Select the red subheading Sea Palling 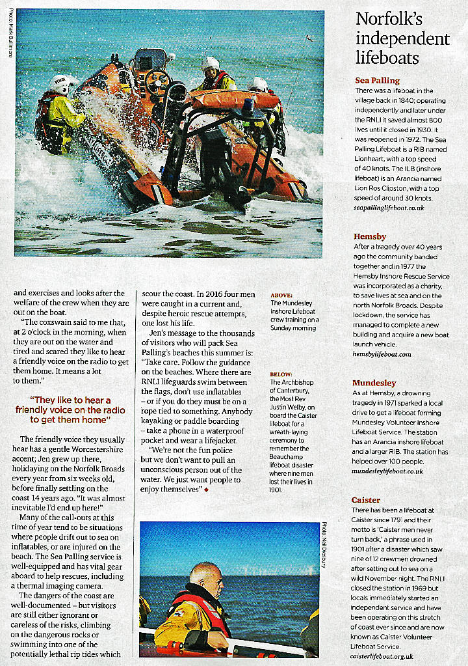tap(377, 80)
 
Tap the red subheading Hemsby tap(370, 236)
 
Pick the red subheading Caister tap(366, 500)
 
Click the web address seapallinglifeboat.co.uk tap(389, 208)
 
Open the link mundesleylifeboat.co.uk tap(387, 471)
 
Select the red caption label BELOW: tap(281, 374)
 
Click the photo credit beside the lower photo tap(322, 546)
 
